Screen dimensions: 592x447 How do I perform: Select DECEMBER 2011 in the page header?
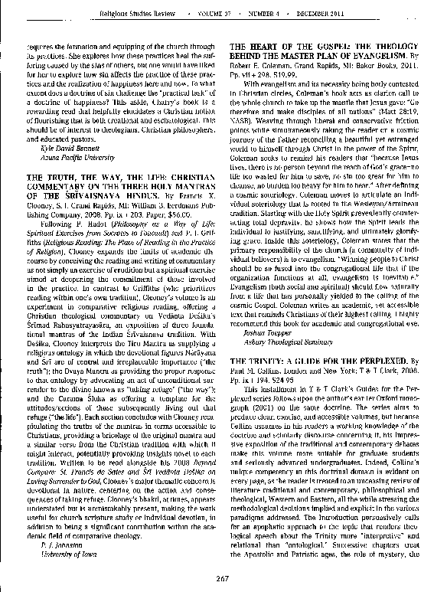point(362,13)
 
